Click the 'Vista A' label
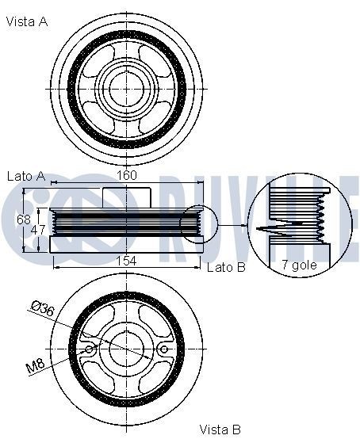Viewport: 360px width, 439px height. [x=27, y=21]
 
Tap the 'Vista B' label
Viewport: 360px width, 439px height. [x=220, y=429]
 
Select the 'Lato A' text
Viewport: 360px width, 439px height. [x=26, y=176]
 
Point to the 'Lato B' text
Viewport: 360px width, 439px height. [x=226, y=267]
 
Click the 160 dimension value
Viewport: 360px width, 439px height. [x=127, y=175]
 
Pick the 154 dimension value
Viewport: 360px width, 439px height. [x=126, y=261]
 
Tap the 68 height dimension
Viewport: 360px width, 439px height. [x=24, y=219]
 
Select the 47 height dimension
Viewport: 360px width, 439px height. [x=38, y=230]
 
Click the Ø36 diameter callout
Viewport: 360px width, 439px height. [x=43, y=308]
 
